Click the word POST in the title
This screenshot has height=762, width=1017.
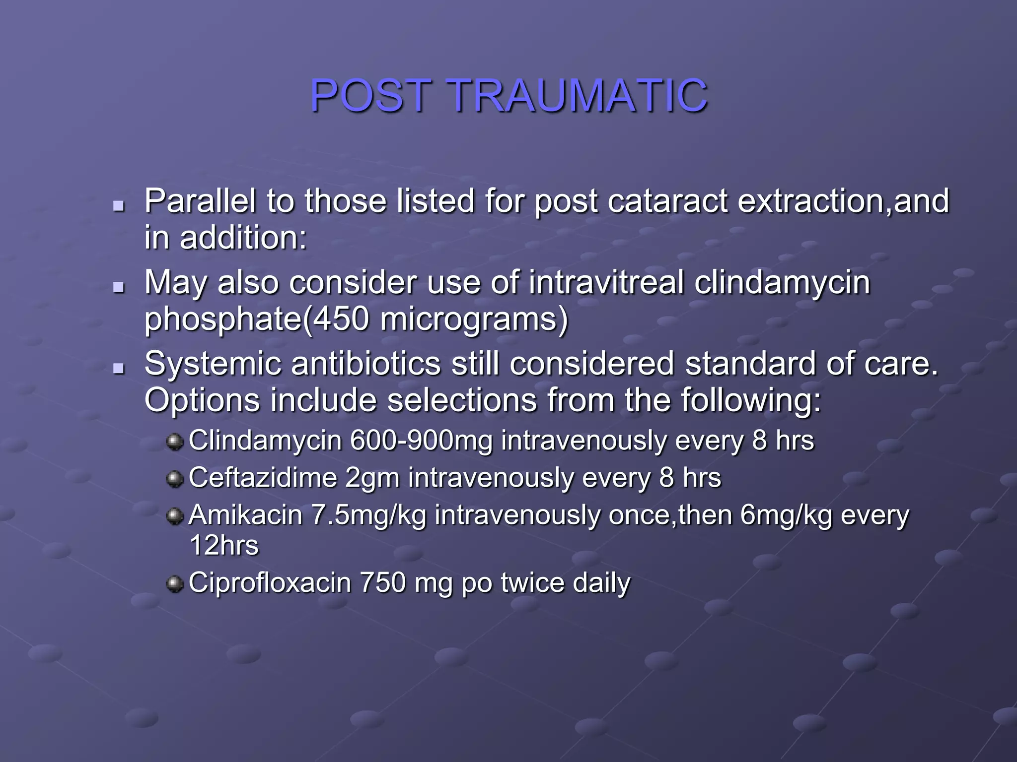point(370,95)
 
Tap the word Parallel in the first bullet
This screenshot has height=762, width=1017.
point(201,201)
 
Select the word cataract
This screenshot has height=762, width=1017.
point(667,201)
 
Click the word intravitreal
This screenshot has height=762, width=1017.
point(606,282)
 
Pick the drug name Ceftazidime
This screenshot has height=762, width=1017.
point(263,478)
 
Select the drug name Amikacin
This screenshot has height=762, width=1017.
point(246,515)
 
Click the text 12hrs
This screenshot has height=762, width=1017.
point(224,546)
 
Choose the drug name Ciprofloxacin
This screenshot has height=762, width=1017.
point(270,583)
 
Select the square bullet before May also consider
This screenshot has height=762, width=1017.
point(118,287)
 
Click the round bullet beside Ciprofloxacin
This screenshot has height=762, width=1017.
point(174,583)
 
